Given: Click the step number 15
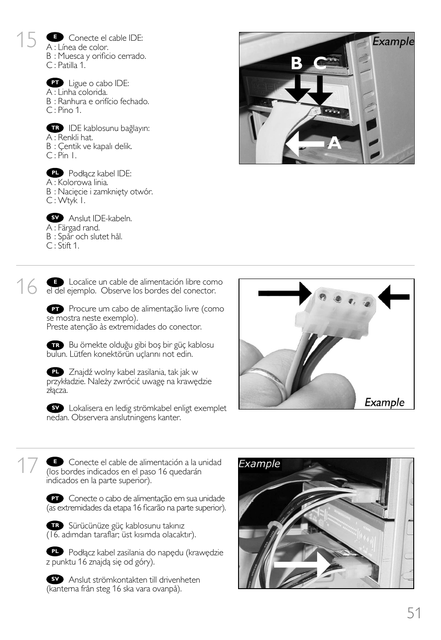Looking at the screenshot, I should tap(26, 40).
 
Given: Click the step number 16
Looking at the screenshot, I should tap(26, 287).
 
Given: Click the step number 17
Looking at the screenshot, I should tap(26, 466).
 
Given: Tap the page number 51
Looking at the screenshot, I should tap(414, 613).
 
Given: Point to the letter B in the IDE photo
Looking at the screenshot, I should tap(296, 63).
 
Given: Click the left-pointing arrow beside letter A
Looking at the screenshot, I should tap(304, 144).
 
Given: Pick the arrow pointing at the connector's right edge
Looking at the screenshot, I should tap(394, 296).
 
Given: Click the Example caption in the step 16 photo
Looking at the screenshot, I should tap(384, 402).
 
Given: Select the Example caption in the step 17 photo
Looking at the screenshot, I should tap(259, 464).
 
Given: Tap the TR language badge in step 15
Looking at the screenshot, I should tap(55, 128).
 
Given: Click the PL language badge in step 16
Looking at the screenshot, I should tap(55, 372).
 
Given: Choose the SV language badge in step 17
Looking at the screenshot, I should tap(55, 579).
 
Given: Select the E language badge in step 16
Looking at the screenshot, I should tap(55, 282).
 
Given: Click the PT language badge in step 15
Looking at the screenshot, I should tap(55, 82).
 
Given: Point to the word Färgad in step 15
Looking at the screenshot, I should tap(69, 228).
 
